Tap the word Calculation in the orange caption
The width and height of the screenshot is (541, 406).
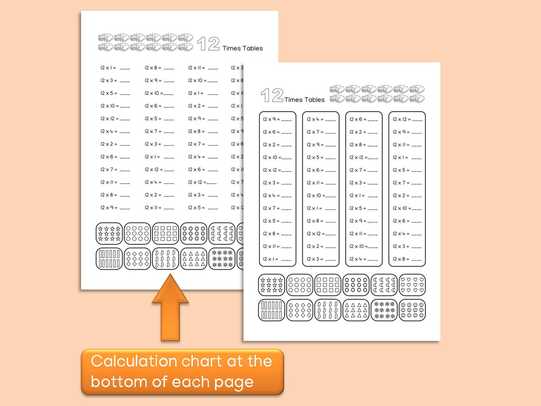pyautogui.click(x=134, y=361)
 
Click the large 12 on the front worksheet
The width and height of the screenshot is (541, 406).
pyautogui.click(x=272, y=95)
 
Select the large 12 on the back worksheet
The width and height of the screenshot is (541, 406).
pyautogui.click(x=208, y=44)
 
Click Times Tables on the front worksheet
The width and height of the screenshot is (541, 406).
pyautogui.click(x=304, y=100)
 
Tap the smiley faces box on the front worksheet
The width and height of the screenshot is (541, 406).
pyautogui.click(x=412, y=310)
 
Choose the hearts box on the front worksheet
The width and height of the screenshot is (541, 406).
pyautogui.click(x=412, y=285)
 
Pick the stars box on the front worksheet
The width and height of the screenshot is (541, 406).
pyautogui.click(x=272, y=285)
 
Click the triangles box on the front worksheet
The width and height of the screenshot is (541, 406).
pyautogui.click(x=356, y=310)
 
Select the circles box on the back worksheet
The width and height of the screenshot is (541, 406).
pyautogui.click(x=137, y=234)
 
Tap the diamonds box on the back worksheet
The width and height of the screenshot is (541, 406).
pyautogui.click(x=137, y=259)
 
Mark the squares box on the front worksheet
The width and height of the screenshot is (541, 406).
pyautogui.click(x=328, y=285)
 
